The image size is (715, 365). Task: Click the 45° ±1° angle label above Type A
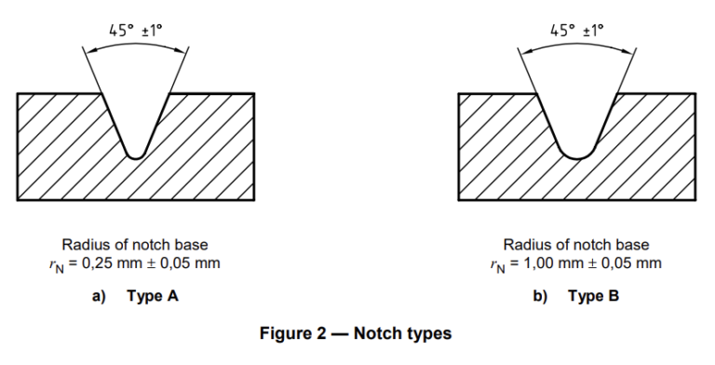tap(135, 30)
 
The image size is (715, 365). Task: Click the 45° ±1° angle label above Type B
tap(577, 30)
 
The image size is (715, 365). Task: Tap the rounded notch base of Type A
tap(135, 155)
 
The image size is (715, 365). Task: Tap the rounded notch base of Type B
tap(578, 156)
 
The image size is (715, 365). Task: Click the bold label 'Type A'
tap(153, 296)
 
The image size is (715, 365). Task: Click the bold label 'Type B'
tap(594, 296)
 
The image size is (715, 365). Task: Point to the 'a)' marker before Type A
tap(99, 296)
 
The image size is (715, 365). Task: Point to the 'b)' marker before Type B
tap(540, 296)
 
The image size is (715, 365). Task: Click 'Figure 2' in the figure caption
tap(293, 333)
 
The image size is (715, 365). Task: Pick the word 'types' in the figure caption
tap(428, 334)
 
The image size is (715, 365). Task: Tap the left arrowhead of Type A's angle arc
tap(89, 51)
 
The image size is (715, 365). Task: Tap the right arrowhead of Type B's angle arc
tap(628, 51)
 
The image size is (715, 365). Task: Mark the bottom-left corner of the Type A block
tap(18, 200)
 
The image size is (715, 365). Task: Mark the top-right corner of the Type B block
tap(695, 93)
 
